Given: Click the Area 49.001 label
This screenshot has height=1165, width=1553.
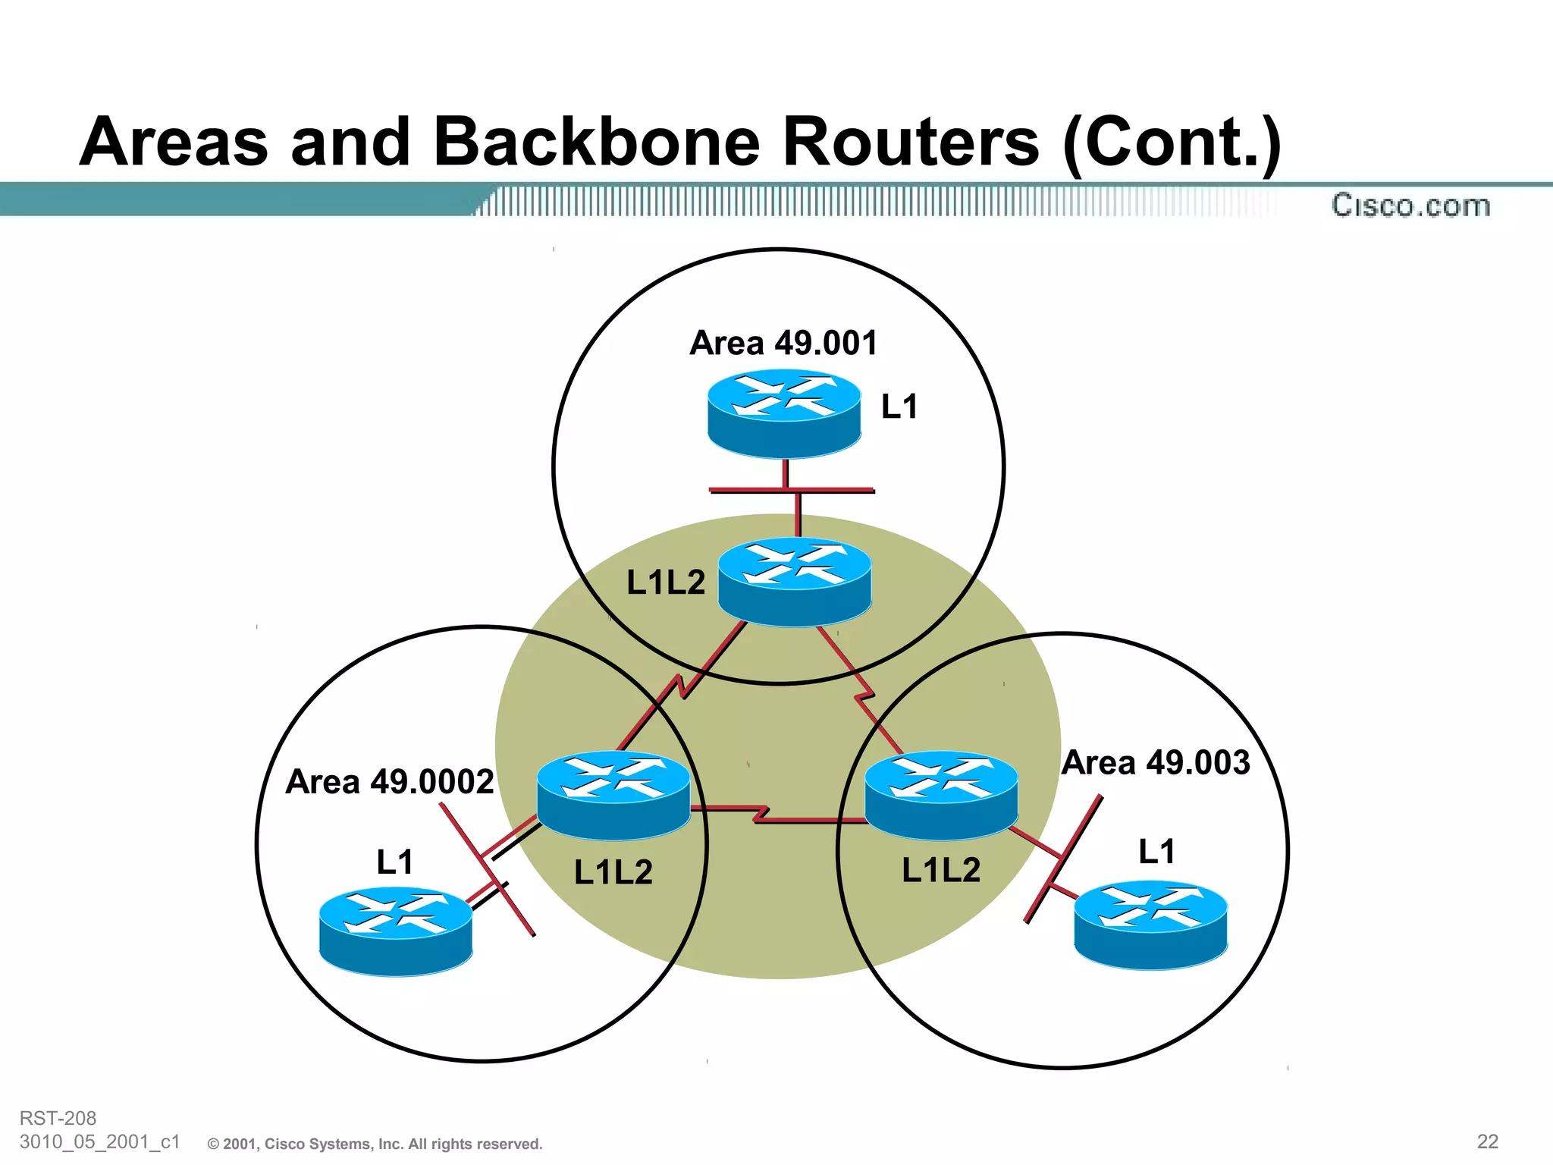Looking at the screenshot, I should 783,343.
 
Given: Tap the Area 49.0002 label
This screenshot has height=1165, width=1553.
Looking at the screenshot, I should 390,781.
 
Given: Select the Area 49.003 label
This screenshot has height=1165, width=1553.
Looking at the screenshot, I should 1156,762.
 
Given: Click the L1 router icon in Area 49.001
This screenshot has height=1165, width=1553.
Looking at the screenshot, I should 784,413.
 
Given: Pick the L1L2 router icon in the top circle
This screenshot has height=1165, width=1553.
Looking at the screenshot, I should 795,582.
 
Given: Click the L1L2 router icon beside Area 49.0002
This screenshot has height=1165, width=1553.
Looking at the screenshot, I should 613,795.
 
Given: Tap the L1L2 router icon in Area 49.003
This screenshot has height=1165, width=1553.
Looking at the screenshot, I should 941,795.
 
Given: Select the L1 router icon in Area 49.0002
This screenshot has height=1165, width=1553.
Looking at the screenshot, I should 396,931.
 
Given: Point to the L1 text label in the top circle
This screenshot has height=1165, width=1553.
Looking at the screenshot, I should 899,407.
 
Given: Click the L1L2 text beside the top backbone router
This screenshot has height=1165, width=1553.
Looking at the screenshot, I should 666,582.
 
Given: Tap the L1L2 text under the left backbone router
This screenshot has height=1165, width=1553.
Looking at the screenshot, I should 613,872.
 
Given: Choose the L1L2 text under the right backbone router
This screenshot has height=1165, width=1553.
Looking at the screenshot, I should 941,870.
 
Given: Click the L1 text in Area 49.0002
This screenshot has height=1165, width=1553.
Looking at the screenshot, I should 395,862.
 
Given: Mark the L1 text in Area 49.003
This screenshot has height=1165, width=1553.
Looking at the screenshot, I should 1156,852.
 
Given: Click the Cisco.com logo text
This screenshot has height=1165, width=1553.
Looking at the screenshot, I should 1410,206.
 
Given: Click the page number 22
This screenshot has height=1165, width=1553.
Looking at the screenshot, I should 1487,1141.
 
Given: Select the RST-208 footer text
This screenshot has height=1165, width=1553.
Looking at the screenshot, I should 58,1118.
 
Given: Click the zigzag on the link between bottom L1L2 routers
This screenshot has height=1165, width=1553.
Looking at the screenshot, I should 761,815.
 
